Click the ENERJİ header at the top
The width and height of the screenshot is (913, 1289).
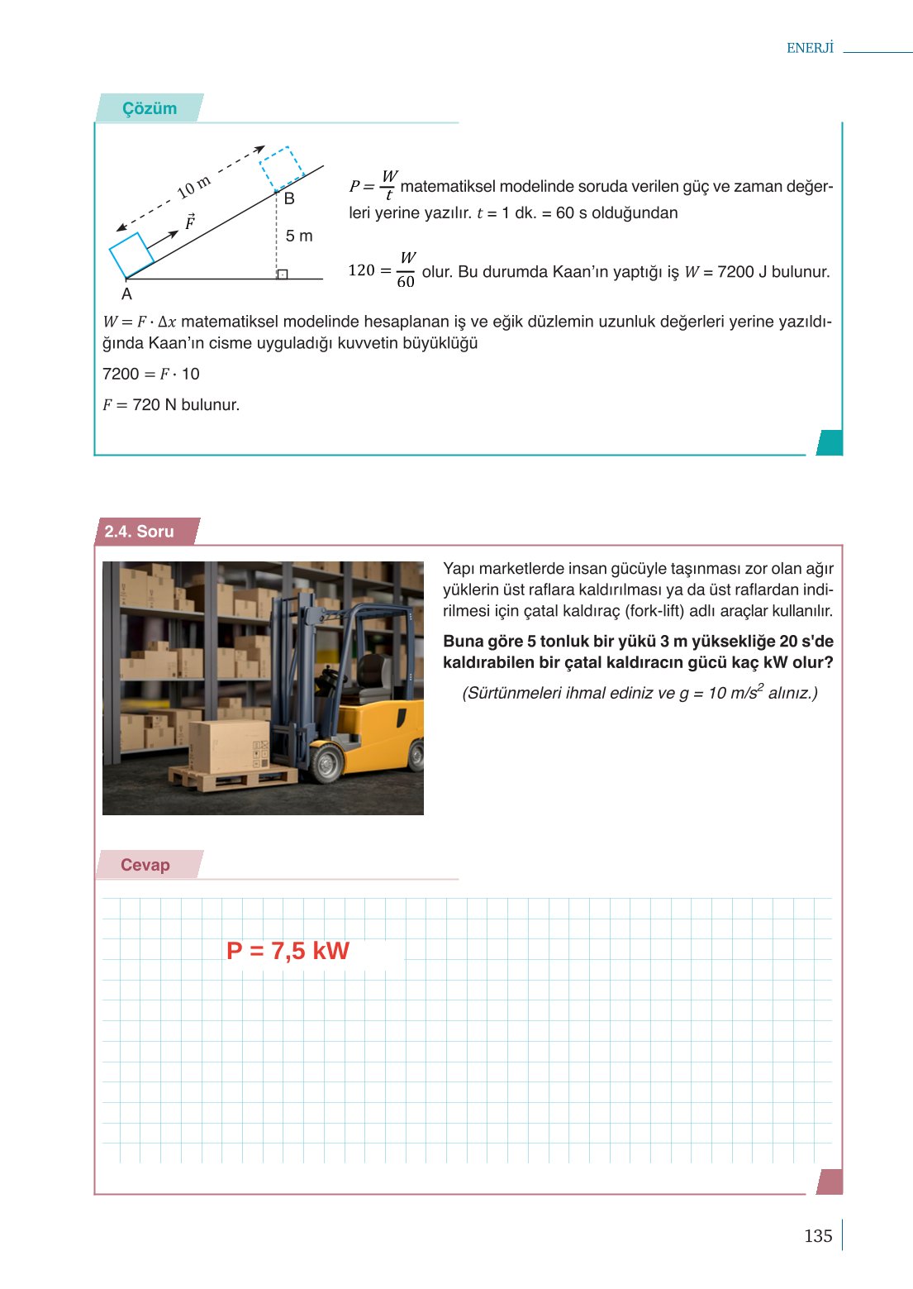click(x=810, y=48)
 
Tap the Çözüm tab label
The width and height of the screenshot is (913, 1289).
click(x=150, y=108)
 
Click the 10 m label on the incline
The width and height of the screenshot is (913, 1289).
click(x=194, y=188)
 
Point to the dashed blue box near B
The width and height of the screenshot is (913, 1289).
click(x=281, y=169)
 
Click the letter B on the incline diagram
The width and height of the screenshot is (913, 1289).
click(x=289, y=199)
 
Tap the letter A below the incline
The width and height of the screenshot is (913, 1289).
click(x=126, y=294)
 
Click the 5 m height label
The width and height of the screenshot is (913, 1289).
click(x=299, y=236)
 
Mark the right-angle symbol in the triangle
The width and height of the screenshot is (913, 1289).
click(x=283, y=274)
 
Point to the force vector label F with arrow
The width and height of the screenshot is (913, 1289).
click(x=190, y=222)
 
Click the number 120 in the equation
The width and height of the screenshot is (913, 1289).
click(x=361, y=270)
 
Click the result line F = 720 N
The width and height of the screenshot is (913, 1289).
click(x=171, y=405)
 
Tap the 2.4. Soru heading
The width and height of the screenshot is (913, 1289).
click(x=139, y=532)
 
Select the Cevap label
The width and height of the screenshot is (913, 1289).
click(x=145, y=865)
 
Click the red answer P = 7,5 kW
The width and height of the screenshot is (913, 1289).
click(x=288, y=951)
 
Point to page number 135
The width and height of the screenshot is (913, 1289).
click(x=818, y=1235)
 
